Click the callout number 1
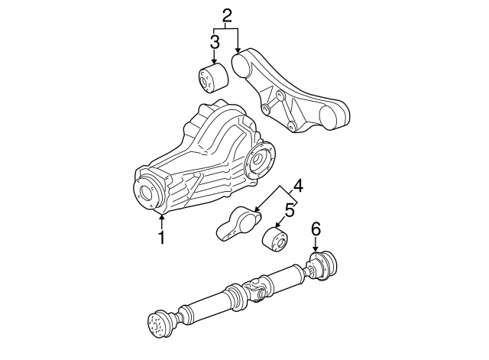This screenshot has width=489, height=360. click(x=161, y=238)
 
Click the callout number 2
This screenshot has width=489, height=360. click(x=226, y=15)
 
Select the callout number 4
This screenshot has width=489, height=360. click(x=297, y=186)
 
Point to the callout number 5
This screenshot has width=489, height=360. click(x=290, y=209)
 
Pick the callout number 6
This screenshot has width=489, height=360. click(x=315, y=229)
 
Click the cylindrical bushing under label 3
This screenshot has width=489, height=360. click(x=211, y=79)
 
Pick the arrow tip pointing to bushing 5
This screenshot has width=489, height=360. click(x=278, y=226)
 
